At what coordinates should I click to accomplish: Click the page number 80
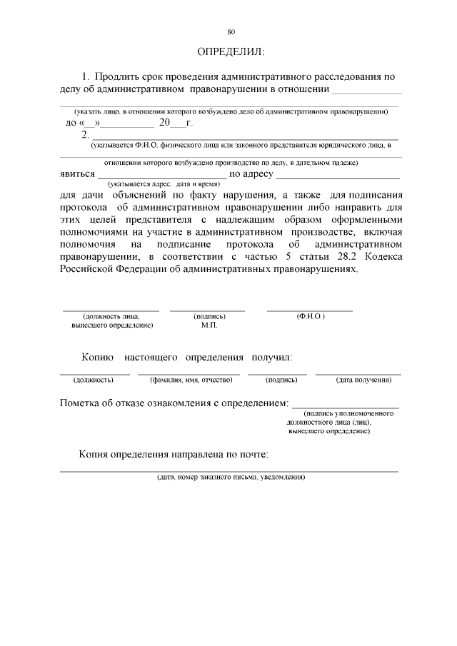click(231, 32)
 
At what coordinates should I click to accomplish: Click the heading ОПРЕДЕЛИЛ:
click(230, 52)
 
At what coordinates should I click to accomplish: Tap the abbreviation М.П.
click(210, 325)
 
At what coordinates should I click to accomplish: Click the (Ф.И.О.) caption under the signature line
click(311, 316)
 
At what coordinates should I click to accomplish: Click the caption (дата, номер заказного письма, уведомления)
click(231, 477)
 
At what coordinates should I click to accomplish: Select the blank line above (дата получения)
click(358, 373)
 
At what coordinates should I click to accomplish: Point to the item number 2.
click(86, 133)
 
